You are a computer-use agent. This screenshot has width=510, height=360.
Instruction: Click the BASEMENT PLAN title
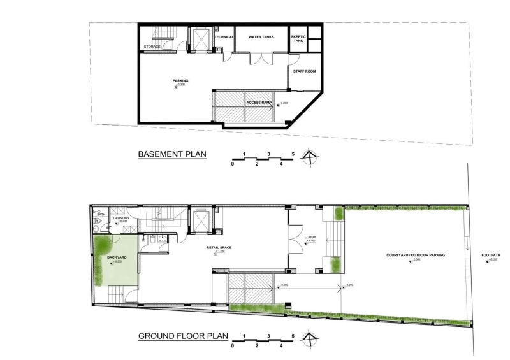pyautogui.click(x=171, y=155)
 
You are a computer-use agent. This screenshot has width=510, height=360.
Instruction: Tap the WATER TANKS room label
pyautogui.click(x=261, y=37)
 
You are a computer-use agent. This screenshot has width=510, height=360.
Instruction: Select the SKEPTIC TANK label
pyautogui.click(x=298, y=39)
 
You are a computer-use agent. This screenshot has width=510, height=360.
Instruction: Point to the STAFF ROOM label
pyautogui.click(x=304, y=71)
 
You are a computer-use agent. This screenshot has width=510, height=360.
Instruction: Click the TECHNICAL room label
pyautogui.click(x=224, y=37)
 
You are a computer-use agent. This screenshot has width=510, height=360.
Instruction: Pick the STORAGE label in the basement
pyautogui.click(x=152, y=47)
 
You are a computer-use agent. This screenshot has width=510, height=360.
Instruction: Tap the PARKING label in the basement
pyautogui.click(x=180, y=81)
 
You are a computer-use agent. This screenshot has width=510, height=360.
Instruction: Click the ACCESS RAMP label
pyautogui.click(x=259, y=102)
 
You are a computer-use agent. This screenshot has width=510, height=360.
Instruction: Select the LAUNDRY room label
pyautogui.click(x=122, y=219)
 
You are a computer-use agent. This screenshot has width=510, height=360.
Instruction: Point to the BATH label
pyautogui.click(x=101, y=215)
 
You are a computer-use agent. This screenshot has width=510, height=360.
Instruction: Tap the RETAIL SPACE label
pyautogui.click(x=218, y=247)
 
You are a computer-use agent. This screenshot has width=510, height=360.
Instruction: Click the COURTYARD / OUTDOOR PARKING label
pyautogui.click(x=415, y=256)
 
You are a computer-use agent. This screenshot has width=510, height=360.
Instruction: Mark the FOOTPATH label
pyautogui.click(x=491, y=256)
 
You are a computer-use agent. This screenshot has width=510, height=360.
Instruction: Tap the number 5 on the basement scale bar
pyautogui.click(x=293, y=154)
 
